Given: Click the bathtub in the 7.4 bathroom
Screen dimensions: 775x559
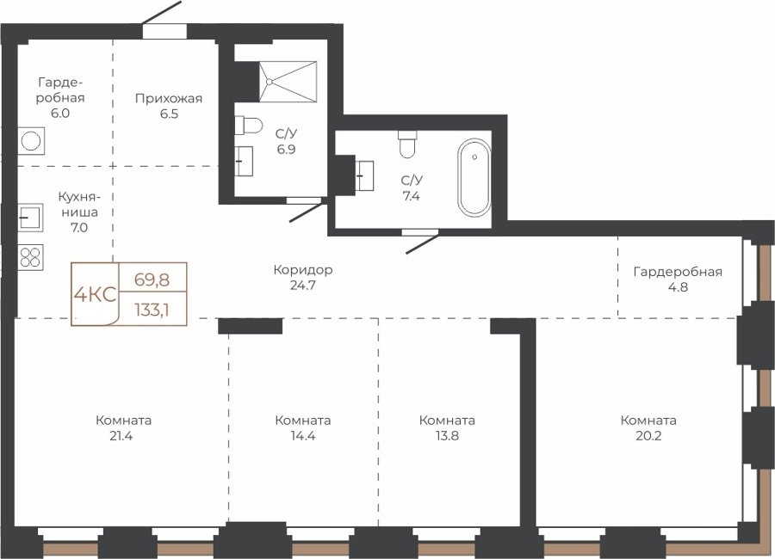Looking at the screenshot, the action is [x=474, y=177].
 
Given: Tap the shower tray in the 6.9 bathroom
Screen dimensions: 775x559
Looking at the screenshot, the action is [x=288, y=82].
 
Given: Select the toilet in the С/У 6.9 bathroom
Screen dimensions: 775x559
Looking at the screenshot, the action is [x=248, y=125].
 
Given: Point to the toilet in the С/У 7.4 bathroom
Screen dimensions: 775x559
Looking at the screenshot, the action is [x=407, y=144].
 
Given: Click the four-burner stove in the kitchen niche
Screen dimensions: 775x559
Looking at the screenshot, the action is [x=31, y=257].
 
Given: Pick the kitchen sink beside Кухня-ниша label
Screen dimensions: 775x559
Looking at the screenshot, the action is [x=31, y=218].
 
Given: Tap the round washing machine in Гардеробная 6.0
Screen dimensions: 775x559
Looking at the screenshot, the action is [x=31, y=141].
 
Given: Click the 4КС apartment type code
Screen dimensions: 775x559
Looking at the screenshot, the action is [x=95, y=295].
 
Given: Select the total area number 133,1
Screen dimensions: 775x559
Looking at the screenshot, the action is [x=152, y=310].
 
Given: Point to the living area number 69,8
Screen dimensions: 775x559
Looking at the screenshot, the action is [x=152, y=280].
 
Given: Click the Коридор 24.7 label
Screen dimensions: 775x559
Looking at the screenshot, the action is [x=303, y=278].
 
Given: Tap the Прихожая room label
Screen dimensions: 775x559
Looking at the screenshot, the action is [x=169, y=98].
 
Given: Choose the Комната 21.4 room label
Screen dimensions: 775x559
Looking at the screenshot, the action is [x=123, y=427].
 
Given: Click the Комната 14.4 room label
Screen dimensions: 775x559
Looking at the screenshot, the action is [x=302, y=427].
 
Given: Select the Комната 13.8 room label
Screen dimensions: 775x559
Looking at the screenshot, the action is [x=447, y=427].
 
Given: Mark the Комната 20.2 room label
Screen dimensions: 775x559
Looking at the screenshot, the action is [x=648, y=427].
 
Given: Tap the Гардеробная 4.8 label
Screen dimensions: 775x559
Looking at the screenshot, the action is [x=678, y=279].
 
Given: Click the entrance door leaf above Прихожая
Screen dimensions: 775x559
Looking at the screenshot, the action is [x=162, y=12].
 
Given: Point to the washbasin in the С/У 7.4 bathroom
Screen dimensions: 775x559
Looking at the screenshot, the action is [x=365, y=175].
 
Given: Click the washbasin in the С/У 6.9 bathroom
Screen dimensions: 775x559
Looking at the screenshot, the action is [x=244, y=161].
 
